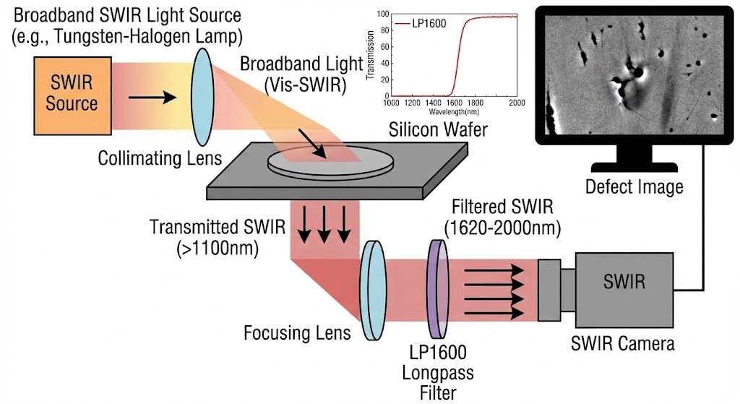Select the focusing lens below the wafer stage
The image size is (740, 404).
point(372,290)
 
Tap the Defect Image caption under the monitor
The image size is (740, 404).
point(634,187)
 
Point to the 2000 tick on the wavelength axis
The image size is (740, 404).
point(516,103)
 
